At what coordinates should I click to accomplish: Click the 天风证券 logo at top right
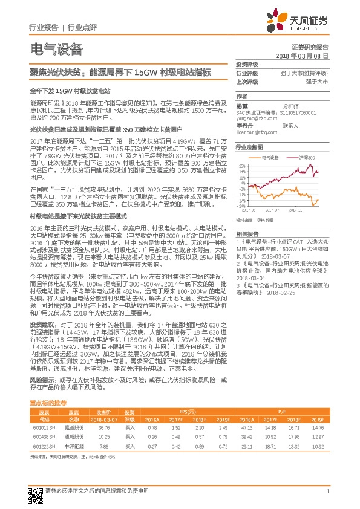(301, 21)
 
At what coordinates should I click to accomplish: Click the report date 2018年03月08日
(301, 55)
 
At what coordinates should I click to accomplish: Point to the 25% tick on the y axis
(242, 165)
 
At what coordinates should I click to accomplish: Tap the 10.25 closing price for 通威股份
(103, 435)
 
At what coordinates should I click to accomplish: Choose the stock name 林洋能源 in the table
(73, 446)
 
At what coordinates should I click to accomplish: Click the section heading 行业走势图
(248, 147)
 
